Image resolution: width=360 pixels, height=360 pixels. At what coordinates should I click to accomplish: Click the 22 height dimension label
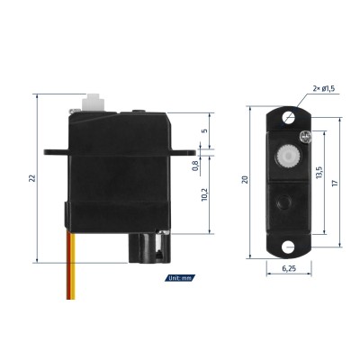coord(32,178)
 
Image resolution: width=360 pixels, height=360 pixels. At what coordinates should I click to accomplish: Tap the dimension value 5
coord(204,130)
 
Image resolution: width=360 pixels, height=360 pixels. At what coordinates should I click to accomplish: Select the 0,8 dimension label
coord(195,166)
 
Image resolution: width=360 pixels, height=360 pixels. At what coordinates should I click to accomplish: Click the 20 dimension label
coord(245,180)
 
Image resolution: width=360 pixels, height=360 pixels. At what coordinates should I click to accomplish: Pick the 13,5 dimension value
coord(319,173)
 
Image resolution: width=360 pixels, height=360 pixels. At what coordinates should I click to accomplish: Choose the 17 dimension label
coord(335,183)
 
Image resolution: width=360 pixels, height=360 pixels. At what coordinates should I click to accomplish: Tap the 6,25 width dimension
coord(289,268)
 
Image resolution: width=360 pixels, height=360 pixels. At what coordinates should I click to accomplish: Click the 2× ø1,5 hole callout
coord(324,88)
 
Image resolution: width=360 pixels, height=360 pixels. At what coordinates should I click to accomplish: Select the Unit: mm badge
coord(180,278)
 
